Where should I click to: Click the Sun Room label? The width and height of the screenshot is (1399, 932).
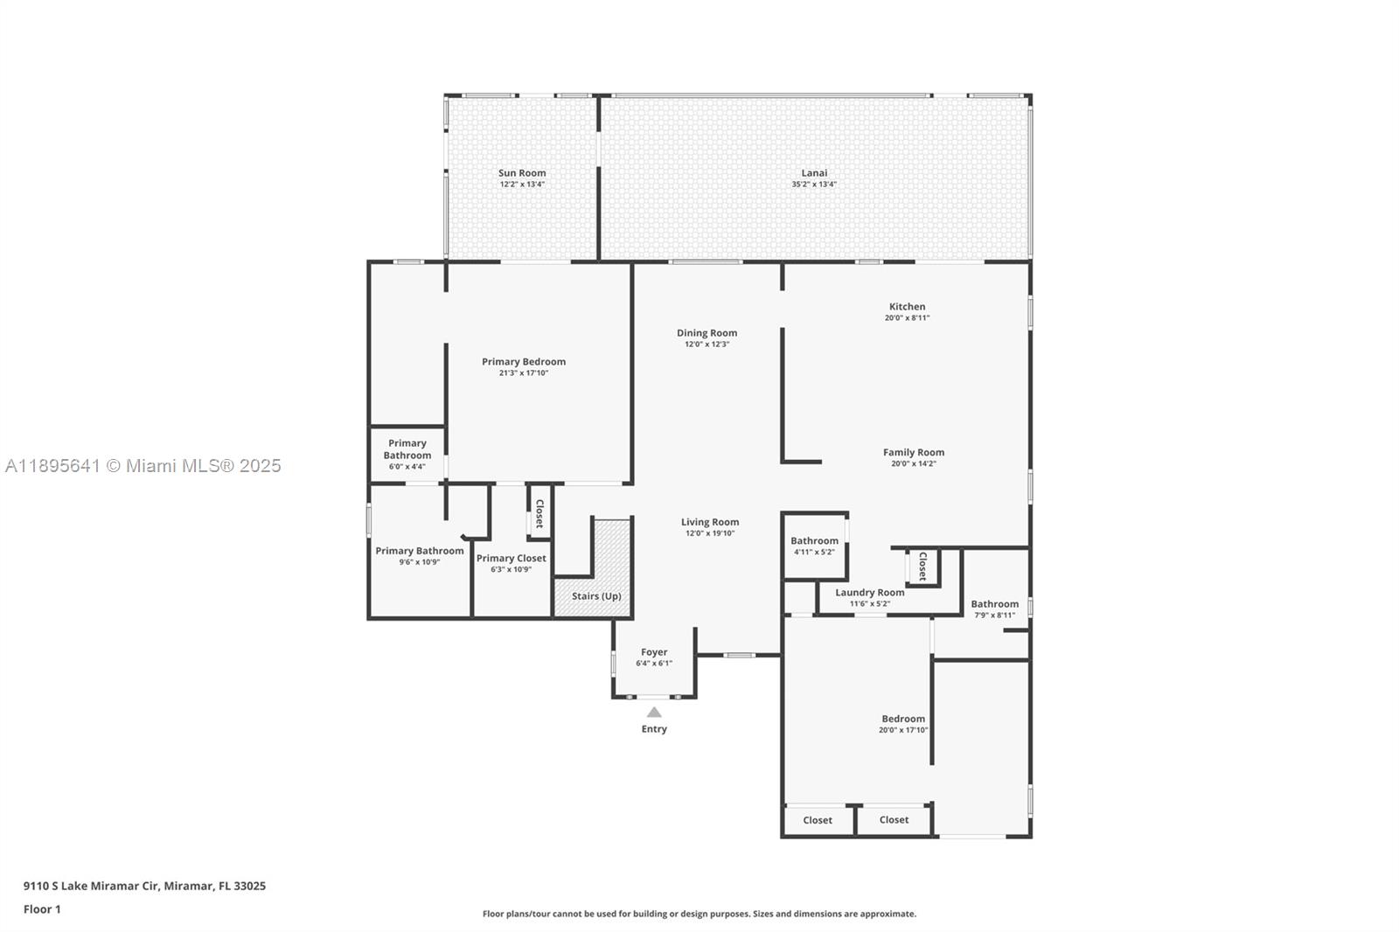(x=522, y=173)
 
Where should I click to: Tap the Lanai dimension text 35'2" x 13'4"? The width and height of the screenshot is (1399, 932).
(x=814, y=184)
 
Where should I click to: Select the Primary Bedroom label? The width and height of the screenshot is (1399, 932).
(x=524, y=362)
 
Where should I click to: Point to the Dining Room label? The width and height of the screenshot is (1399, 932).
(x=706, y=333)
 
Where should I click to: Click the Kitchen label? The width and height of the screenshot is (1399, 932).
(x=907, y=307)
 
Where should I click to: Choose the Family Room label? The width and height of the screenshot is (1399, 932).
(x=913, y=453)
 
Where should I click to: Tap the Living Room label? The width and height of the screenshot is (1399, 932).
(x=710, y=522)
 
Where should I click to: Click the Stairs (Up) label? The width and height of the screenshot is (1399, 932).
(x=596, y=596)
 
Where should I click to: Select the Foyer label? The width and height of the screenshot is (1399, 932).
(x=654, y=652)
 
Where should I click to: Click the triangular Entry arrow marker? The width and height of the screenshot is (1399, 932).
(x=654, y=713)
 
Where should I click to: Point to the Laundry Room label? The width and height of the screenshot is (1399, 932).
(x=869, y=593)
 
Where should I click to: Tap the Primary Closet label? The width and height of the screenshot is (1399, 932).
(x=512, y=559)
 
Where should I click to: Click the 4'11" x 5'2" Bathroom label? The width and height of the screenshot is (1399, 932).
(x=814, y=541)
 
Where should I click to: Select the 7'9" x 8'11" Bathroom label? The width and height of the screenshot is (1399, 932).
(x=994, y=604)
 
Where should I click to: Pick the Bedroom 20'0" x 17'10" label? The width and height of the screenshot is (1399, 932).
(x=903, y=720)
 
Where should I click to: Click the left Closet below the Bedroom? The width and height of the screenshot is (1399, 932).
(x=818, y=820)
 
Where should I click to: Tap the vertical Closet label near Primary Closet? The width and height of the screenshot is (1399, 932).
(x=539, y=513)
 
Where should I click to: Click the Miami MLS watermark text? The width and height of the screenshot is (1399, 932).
(x=143, y=466)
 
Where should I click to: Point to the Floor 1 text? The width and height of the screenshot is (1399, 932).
(x=42, y=909)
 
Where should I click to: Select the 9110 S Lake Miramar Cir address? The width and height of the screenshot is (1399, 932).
(x=144, y=886)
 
